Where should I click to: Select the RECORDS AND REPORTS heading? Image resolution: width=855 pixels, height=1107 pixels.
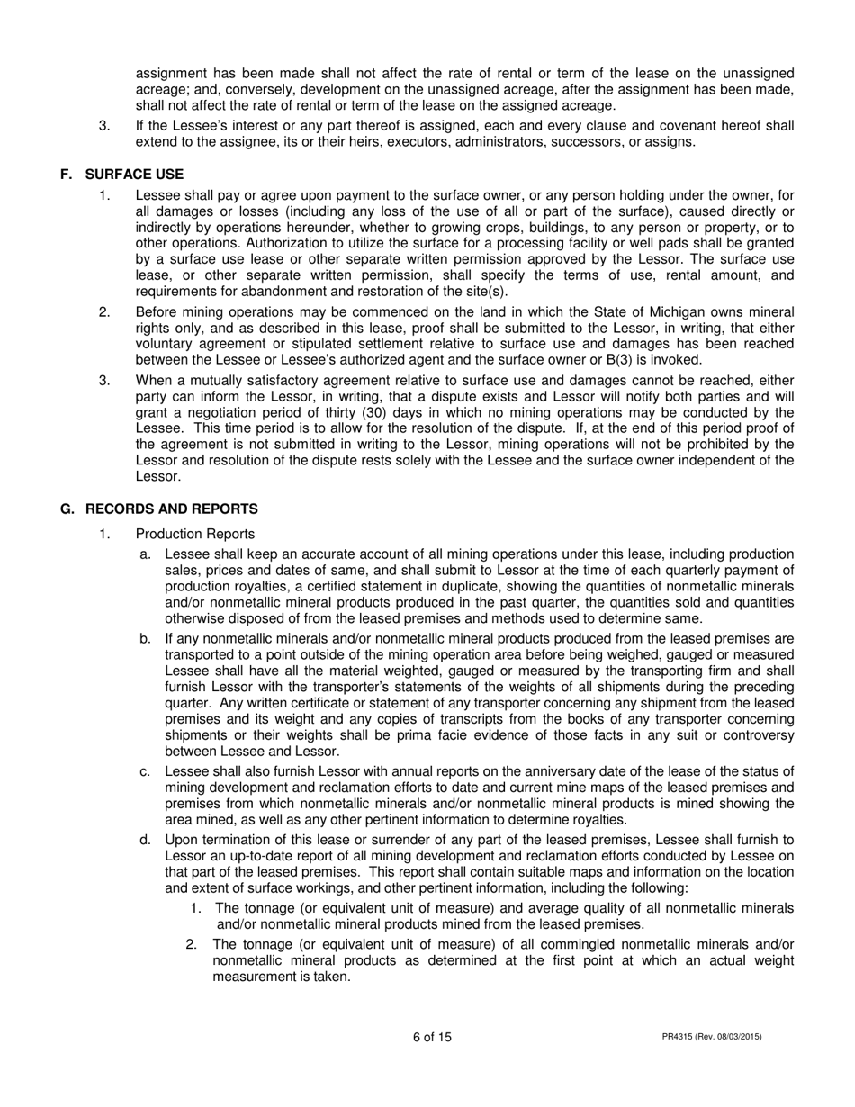coord(171,509)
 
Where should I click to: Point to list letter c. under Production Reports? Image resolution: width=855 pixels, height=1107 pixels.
coord(144,770)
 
